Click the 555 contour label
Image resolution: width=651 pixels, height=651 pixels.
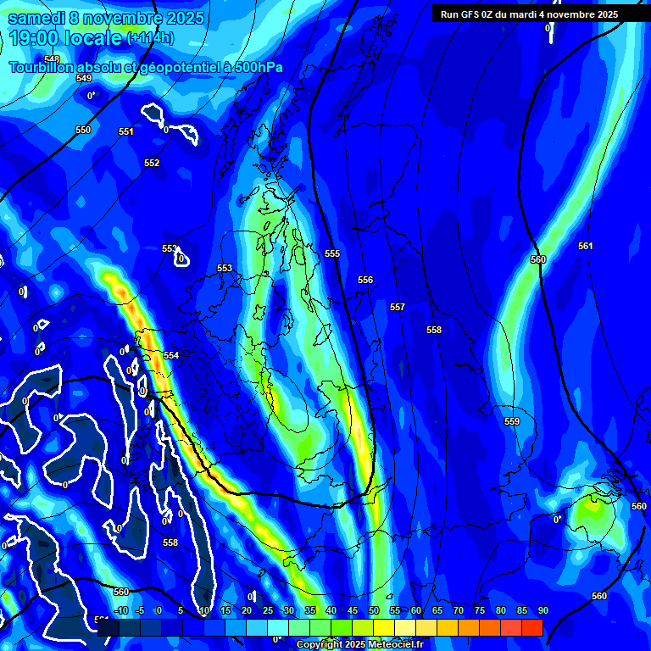click(332, 253)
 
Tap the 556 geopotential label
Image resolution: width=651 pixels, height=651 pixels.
click(365, 280)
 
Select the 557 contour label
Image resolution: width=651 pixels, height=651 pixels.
click(398, 307)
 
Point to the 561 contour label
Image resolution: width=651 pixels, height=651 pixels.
click(586, 246)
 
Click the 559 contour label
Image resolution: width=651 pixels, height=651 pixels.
click(512, 421)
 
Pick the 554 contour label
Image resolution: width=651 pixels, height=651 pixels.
click(171, 355)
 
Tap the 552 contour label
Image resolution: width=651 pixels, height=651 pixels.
click(152, 163)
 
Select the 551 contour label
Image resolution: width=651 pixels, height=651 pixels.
click(126, 131)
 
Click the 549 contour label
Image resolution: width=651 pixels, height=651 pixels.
click(83, 78)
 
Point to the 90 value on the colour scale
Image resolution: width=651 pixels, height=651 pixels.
click(542, 610)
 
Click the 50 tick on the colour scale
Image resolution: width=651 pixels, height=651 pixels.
click(374, 610)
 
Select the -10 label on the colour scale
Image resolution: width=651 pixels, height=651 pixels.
click(121, 610)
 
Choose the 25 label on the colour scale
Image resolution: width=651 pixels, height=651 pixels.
click(268, 610)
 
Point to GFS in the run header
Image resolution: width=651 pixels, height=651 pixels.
click(470, 14)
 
